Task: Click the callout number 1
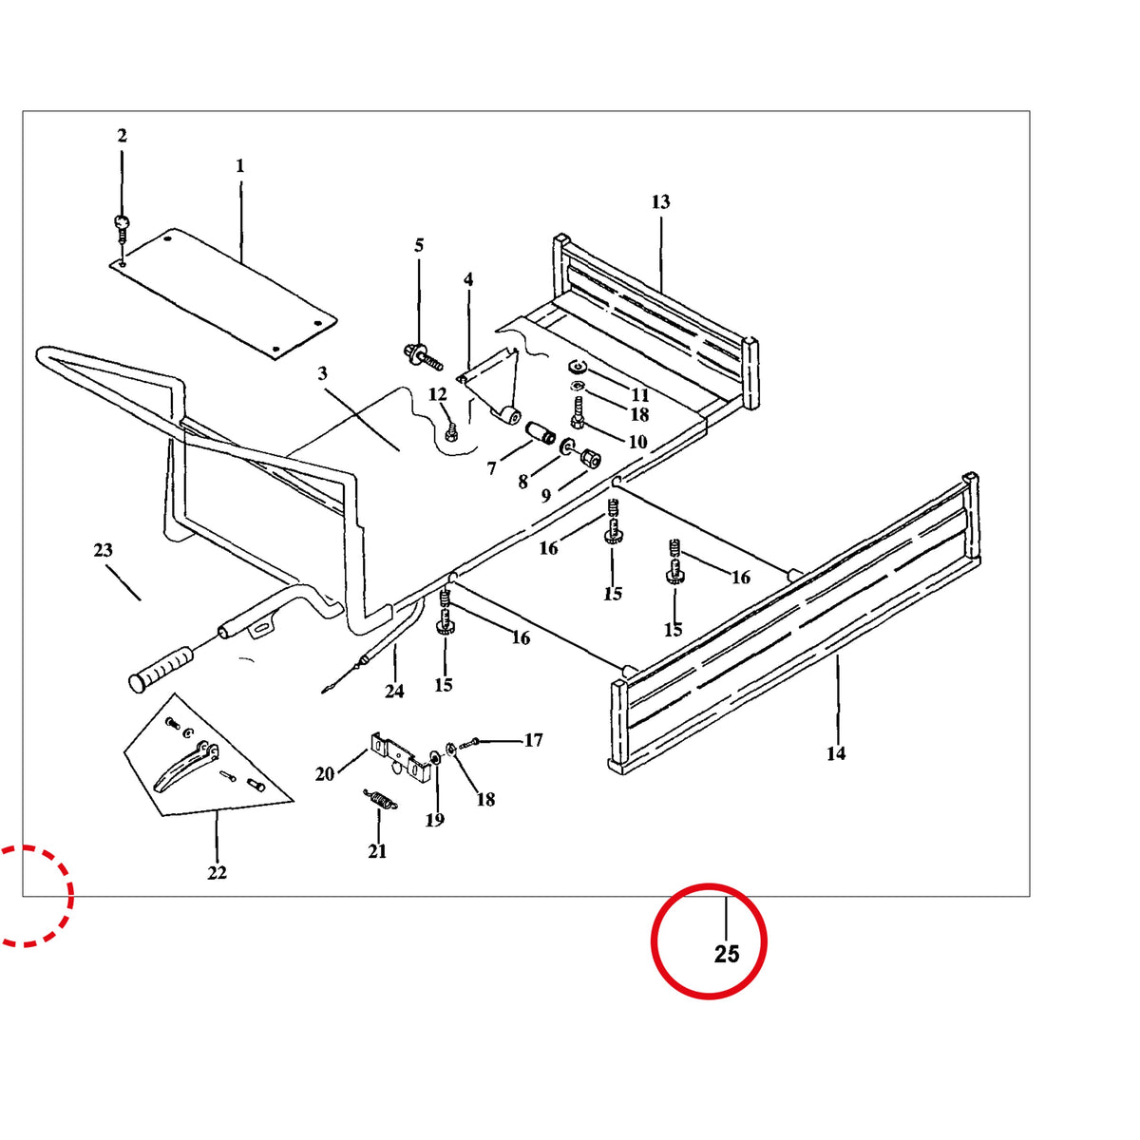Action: tap(239, 166)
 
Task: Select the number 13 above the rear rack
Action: tap(661, 202)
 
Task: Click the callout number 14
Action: tap(836, 753)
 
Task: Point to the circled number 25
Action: tap(727, 954)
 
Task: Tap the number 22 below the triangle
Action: tap(217, 873)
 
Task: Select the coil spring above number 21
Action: tap(380, 801)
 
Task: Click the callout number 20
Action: tap(325, 774)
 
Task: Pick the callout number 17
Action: tap(533, 740)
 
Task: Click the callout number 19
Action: tap(435, 820)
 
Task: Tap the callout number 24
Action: tap(394, 691)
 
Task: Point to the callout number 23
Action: tap(103, 550)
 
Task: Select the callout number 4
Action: tap(468, 279)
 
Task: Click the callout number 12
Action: tap(438, 394)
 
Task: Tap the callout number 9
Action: tap(545, 495)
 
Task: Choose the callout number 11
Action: tap(639, 394)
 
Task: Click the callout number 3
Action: tap(322, 374)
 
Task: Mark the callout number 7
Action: tap(491, 468)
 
